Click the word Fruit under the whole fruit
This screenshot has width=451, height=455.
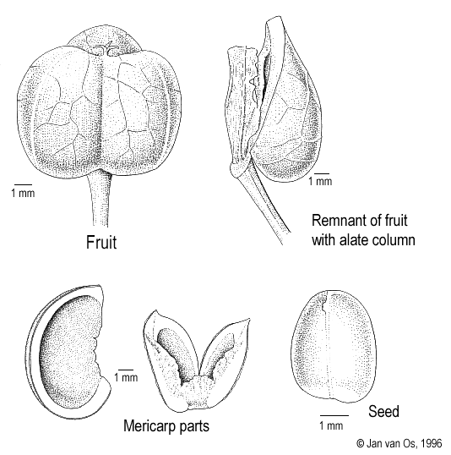[x=101, y=242]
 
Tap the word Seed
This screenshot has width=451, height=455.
[x=383, y=411]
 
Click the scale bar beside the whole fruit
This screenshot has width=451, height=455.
[x=23, y=184]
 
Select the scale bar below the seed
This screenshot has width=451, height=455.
[x=334, y=416]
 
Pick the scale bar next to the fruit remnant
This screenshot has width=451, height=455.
[x=322, y=173]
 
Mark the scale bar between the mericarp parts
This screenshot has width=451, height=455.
[x=126, y=370]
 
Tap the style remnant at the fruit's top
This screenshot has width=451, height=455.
[x=107, y=48]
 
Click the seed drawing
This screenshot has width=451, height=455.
[x=334, y=347]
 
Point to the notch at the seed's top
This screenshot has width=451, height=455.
[x=324, y=304]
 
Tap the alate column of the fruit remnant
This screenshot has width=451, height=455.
[x=242, y=110]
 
